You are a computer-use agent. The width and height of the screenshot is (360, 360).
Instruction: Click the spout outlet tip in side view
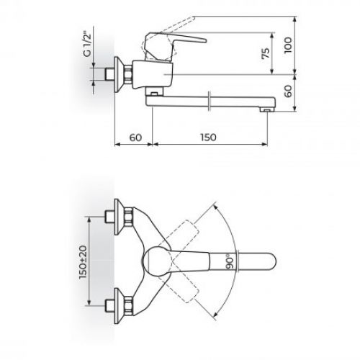[x=266, y=108]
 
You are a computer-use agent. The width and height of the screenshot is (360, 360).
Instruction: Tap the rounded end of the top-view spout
[x=270, y=260]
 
